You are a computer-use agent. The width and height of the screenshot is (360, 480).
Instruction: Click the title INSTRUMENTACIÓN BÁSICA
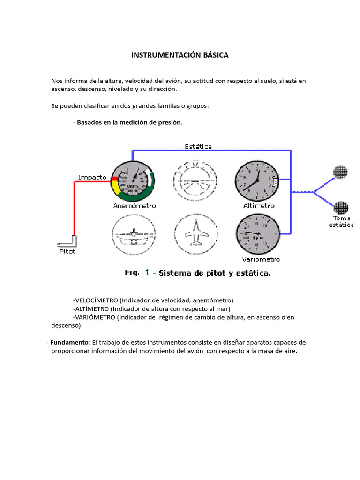point(180,55)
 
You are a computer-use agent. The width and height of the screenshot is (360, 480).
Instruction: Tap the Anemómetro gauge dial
point(134,180)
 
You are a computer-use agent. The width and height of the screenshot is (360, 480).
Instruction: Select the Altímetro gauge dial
point(255,180)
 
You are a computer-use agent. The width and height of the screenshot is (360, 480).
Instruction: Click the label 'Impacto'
point(92,177)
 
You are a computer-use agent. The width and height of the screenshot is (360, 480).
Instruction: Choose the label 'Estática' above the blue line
point(198,146)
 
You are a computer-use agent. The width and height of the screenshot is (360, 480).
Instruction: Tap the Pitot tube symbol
point(67,241)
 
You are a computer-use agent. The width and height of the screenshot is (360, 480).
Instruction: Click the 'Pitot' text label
point(67,251)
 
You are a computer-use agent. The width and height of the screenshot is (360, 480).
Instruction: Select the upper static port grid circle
point(340,172)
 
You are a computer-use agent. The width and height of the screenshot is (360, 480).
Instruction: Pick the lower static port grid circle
point(340,207)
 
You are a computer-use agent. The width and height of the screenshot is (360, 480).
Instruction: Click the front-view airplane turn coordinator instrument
point(133,234)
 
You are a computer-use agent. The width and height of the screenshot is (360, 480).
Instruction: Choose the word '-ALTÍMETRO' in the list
point(91,308)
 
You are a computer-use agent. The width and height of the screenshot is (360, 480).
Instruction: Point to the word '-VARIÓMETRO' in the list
point(94,317)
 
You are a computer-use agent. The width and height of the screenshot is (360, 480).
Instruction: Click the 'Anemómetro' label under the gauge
point(134,206)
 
